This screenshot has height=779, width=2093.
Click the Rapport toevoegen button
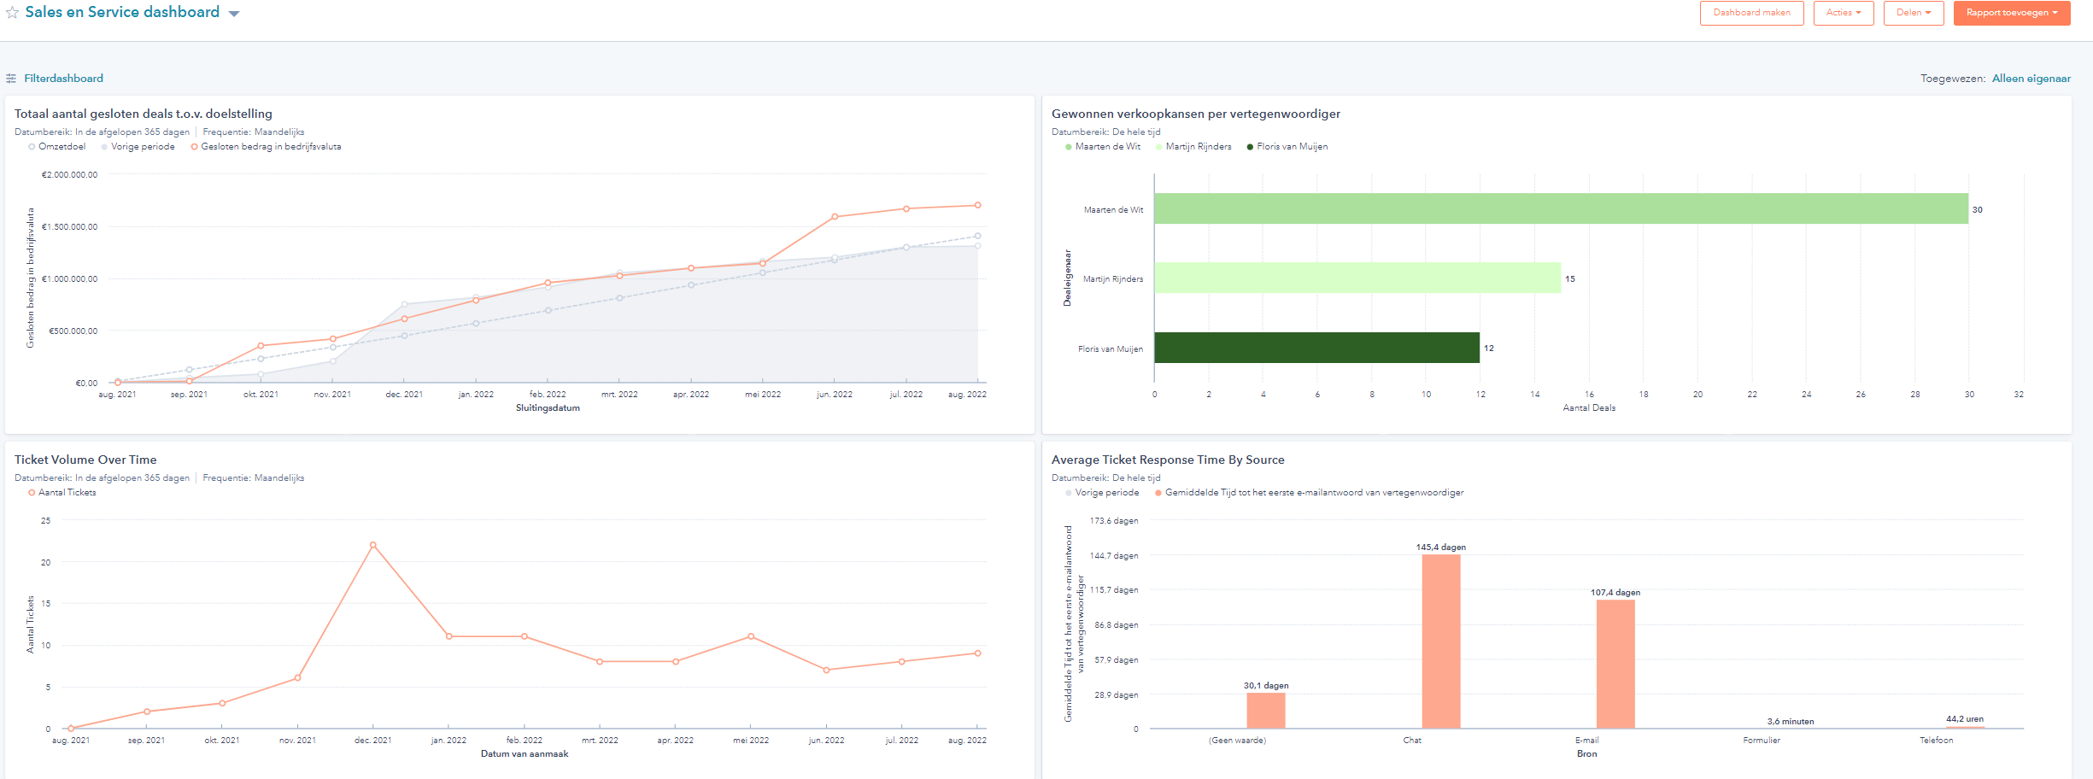(x=2011, y=13)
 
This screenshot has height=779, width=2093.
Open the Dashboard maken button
(x=1751, y=13)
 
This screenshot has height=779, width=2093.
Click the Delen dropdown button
(x=1913, y=13)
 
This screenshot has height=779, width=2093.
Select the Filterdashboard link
(x=63, y=79)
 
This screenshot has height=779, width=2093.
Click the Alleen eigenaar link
(x=2031, y=79)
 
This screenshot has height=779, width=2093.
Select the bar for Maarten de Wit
(x=1560, y=209)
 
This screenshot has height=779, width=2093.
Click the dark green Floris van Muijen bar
(x=1316, y=348)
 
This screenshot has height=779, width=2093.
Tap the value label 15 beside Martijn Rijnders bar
(x=1569, y=279)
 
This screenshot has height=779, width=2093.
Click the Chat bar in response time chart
(x=1440, y=641)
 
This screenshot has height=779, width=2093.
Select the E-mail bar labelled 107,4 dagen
(x=1615, y=664)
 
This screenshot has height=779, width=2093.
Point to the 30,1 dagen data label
(x=1265, y=686)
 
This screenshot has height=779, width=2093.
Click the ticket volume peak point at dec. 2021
(x=373, y=545)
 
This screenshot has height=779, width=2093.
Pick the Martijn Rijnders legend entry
(x=1198, y=147)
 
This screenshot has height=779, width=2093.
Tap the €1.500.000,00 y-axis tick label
(x=69, y=227)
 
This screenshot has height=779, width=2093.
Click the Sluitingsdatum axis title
(x=548, y=408)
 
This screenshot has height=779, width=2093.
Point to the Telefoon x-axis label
(x=1936, y=741)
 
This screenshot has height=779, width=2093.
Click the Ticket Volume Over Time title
(x=85, y=460)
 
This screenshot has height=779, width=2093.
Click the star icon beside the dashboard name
(x=12, y=13)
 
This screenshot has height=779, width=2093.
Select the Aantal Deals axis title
(x=1588, y=408)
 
